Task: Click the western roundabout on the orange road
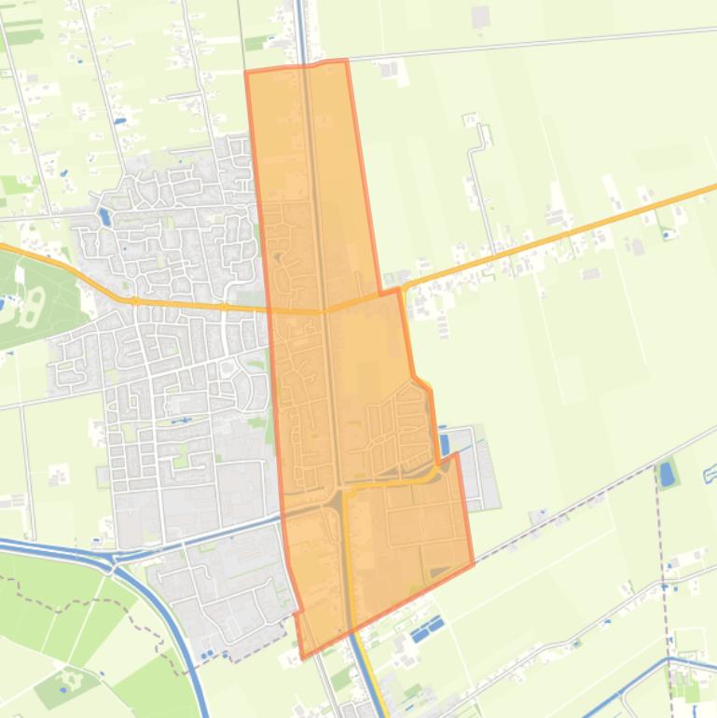pos(135,300)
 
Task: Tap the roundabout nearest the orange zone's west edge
pos(225,307)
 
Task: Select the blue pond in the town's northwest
pos(104,218)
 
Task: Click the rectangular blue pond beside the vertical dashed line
pos(666,475)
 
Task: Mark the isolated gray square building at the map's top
pos(480,17)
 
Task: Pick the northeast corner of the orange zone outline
pos(347,61)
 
